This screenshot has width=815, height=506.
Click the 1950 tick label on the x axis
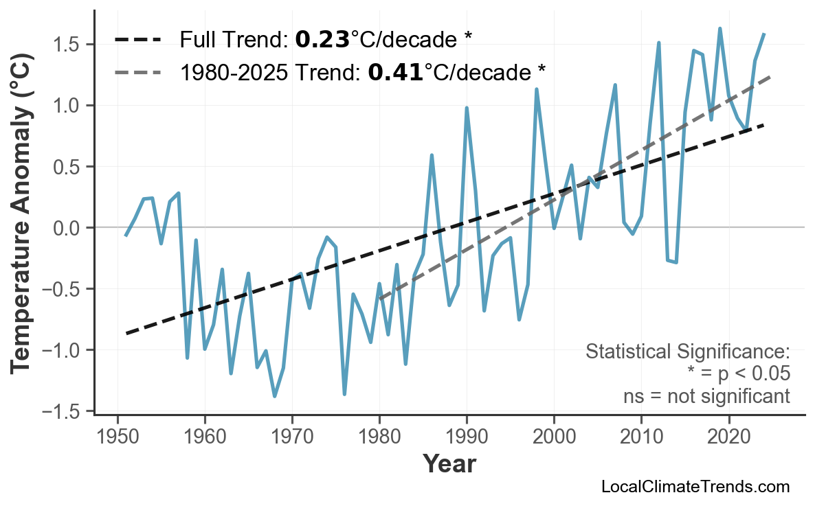point(118,437)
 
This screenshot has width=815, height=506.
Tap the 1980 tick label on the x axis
point(379,437)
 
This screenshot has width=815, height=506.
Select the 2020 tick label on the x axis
point(728,437)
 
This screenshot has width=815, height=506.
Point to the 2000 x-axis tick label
point(554,437)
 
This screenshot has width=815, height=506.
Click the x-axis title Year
point(449,465)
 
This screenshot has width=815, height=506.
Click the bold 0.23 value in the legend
point(322,40)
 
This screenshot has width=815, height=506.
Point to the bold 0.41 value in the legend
point(396,71)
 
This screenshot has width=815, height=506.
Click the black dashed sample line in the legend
point(137,40)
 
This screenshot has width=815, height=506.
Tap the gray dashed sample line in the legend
point(137,71)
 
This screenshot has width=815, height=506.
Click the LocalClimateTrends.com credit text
point(695,487)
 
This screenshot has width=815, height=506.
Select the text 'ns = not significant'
point(706,396)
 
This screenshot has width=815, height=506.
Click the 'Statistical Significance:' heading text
point(687,352)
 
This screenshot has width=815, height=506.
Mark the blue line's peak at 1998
point(537,89)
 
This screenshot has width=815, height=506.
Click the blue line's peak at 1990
point(467,108)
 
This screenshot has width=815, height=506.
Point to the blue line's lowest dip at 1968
point(275,396)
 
